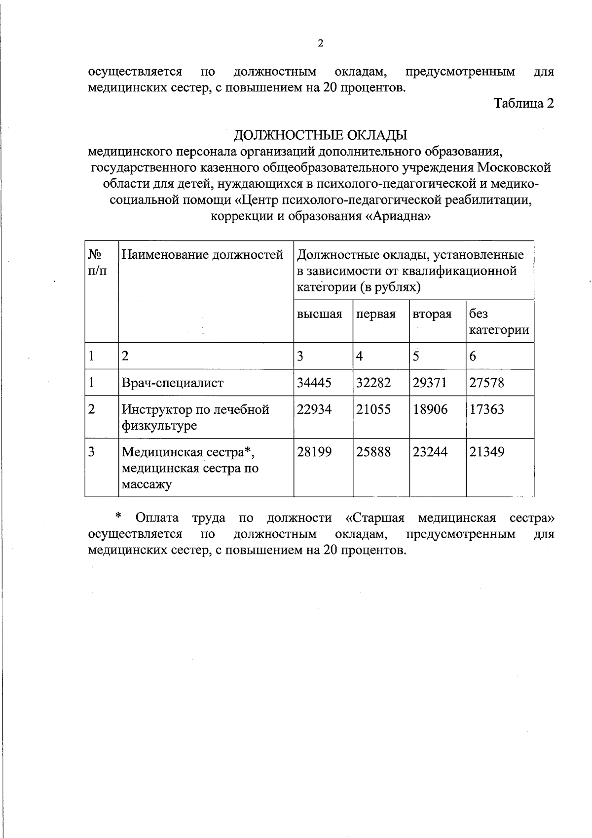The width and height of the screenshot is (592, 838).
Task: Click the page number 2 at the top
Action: pos(320,43)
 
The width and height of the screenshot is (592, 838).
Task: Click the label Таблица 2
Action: pos(524,104)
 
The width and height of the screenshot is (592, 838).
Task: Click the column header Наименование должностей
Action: pos(202,255)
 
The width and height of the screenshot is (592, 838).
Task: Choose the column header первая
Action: pos(376,315)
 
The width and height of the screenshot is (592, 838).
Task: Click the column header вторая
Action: pos(432,315)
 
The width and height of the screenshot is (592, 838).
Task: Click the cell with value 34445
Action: pos(314,383)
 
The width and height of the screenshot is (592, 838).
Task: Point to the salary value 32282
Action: pos(373,383)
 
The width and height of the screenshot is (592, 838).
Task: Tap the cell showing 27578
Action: pos(486,383)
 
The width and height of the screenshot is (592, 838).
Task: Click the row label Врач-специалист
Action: pos(173,383)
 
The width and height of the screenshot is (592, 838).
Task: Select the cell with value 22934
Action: pos(314,409)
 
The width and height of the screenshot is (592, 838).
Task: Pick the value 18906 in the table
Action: pos(430,409)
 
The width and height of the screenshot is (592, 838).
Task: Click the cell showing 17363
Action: pos(486,409)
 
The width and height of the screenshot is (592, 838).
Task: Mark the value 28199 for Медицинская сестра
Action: pos(314,452)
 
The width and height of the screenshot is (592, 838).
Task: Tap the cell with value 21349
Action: pos(486,452)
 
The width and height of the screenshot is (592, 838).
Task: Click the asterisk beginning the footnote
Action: pos(118,517)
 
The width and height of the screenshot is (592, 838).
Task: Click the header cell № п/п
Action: pos(96,263)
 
